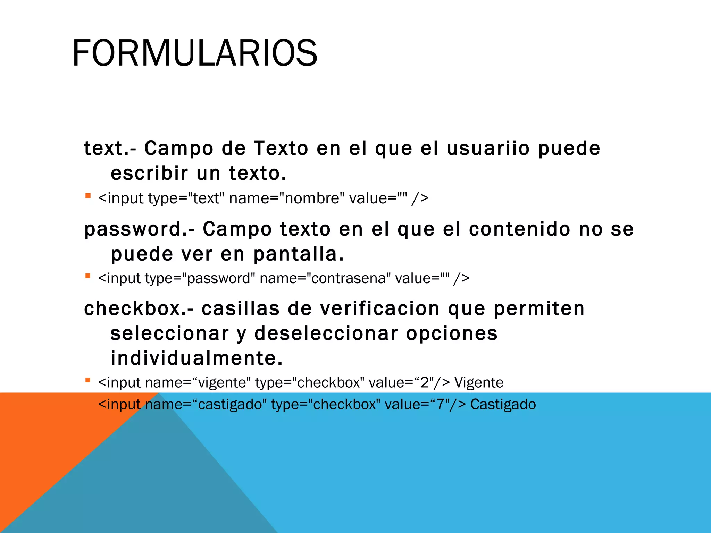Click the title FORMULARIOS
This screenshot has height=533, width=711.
(x=194, y=53)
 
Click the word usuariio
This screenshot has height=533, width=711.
(x=488, y=148)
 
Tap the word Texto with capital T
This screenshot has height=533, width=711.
(x=281, y=148)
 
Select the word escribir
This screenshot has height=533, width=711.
(x=149, y=173)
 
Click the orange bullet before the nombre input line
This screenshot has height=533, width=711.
(x=88, y=196)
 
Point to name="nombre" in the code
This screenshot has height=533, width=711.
(x=287, y=198)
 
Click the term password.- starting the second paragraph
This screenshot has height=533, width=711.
(x=139, y=229)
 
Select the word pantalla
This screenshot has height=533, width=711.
(x=299, y=254)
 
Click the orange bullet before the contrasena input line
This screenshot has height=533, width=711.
(x=88, y=276)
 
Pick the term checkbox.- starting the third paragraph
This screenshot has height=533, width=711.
(x=139, y=308)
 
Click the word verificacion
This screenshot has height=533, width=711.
(x=380, y=308)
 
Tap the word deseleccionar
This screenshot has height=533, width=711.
(x=326, y=333)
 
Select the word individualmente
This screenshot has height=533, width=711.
(x=196, y=358)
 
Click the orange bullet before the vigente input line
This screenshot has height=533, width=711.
(x=88, y=380)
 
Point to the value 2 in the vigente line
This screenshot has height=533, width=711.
(x=425, y=383)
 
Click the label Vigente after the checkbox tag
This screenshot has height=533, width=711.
(x=479, y=383)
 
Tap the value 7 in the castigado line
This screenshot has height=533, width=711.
(x=441, y=405)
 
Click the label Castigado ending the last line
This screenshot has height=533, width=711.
(x=503, y=405)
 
